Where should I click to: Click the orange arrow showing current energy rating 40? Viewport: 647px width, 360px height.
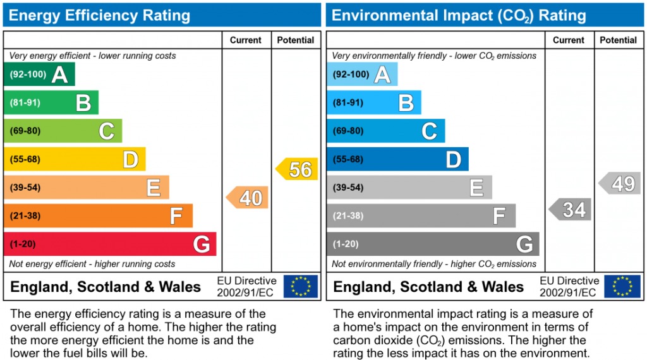pos(248,198)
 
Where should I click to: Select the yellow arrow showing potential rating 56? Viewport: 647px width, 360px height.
pos(297,169)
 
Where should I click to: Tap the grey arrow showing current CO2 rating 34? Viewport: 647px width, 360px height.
pos(571,209)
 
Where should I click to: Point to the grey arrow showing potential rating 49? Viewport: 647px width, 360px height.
pos(620,183)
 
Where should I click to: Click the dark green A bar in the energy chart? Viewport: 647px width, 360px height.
pos(39,75)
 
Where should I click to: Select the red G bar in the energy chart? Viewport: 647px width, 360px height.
pos(110,244)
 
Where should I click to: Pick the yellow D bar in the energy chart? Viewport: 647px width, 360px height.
pos(75,159)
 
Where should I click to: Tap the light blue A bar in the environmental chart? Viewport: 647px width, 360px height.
pos(362,75)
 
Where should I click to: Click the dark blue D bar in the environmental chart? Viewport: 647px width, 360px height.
pos(397,159)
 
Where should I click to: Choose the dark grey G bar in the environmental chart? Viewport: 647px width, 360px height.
pos(433,244)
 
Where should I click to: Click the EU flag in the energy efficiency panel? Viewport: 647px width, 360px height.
pos(301,286)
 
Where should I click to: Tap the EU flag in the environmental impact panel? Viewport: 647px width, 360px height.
pos(622,286)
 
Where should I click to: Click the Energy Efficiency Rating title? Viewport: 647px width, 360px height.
pos(99,15)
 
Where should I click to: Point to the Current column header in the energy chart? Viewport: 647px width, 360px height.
pos(246,40)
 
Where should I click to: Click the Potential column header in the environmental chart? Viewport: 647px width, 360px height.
pos(618,40)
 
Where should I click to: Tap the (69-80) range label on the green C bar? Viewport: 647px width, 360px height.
pos(25,131)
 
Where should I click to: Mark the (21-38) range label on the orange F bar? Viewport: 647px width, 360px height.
pos(25,216)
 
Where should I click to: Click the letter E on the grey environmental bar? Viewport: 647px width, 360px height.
pos(476,188)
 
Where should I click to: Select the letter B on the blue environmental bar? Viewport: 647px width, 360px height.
pos(406,103)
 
